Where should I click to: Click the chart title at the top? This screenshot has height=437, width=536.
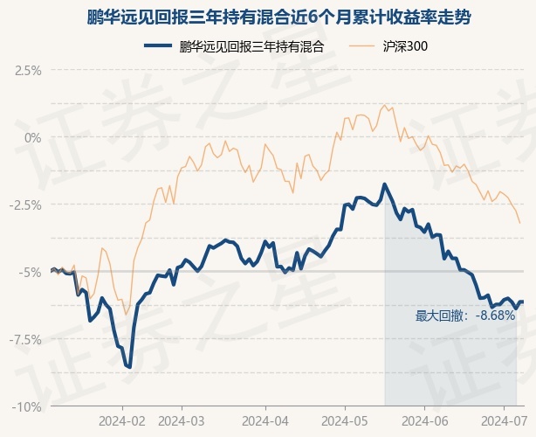tap(278, 17)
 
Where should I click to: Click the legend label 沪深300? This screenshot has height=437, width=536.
tap(405, 46)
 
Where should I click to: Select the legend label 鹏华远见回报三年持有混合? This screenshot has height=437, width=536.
tap(251, 46)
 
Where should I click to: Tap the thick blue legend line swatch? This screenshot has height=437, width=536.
tap(158, 45)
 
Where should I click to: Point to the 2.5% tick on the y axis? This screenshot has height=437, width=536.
tap(28, 71)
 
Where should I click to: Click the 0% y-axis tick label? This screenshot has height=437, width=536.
tap(33, 138)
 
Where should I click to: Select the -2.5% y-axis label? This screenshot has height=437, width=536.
tap(25, 205)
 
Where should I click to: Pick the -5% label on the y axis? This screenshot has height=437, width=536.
tap(30, 273)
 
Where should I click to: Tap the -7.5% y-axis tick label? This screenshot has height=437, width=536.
tap(25, 340)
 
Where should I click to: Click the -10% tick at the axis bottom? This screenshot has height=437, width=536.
tap(27, 407)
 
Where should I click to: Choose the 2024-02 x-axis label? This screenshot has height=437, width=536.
tap(122, 421)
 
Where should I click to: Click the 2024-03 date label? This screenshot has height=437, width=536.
tap(182, 421)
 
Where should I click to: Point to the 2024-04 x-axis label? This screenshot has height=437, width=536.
tap(265, 421)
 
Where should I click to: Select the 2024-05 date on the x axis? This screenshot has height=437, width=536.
tap(345, 421)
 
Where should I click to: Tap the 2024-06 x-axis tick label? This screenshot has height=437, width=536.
tap(424, 421)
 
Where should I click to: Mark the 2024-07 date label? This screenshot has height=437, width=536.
tap(504, 421)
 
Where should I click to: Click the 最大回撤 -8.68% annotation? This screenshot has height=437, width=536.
tap(465, 316)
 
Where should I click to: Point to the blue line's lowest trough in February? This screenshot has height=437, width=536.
tap(129, 368)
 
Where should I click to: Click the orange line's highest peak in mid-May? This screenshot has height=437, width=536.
tap(384, 106)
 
